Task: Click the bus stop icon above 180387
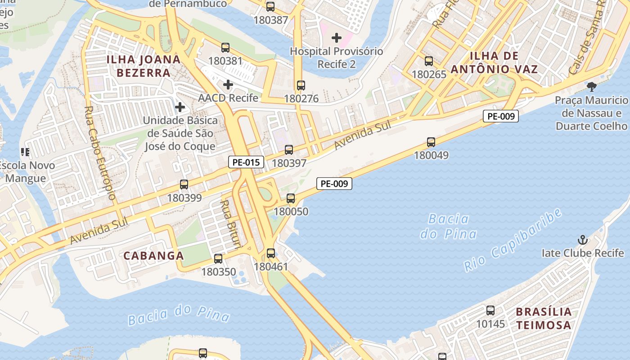click(270, 7)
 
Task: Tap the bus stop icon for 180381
click(225, 47)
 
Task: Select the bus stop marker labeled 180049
click(431, 142)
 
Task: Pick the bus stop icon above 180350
click(218, 258)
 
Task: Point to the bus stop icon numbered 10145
click(490, 310)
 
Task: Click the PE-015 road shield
click(246, 162)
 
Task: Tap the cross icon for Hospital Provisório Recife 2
click(336, 38)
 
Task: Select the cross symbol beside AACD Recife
click(228, 84)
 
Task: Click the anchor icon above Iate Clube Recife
click(583, 239)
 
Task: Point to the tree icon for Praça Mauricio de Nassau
click(592, 86)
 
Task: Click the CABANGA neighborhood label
click(154, 256)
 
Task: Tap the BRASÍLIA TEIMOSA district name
click(544, 318)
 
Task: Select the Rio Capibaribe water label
click(513, 240)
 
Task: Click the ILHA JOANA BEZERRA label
click(144, 66)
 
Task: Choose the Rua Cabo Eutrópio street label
click(100, 153)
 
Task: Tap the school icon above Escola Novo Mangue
click(25, 152)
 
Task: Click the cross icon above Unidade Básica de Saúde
click(180, 107)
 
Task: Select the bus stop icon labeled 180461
click(270, 253)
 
